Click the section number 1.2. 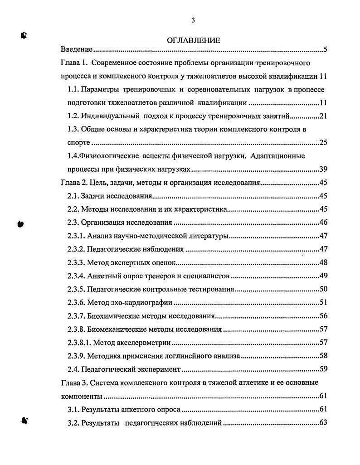tap(73, 116)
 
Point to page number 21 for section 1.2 tap(323, 116)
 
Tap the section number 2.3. tap(73, 223)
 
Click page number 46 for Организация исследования tap(323, 223)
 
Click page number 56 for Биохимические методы tap(323, 316)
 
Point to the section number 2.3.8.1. tap(79, 343)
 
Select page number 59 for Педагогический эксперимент tap(323, 369)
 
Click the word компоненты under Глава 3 tap(82, 396)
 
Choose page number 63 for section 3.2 tap(323, 423)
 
